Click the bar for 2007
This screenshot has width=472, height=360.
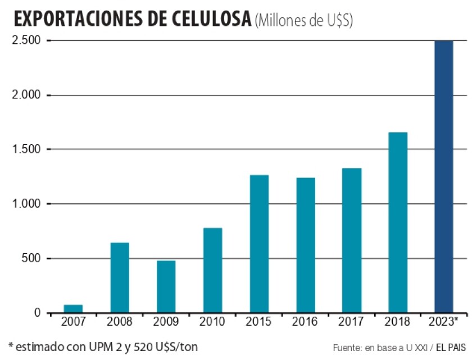(73, 309)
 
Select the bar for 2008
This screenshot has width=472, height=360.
(120, 278)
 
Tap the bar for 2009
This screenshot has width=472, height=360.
(166, 287)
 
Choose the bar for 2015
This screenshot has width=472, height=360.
(259, 244)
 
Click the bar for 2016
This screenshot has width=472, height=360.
(306, 245)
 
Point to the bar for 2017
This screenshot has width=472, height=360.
(352, 240)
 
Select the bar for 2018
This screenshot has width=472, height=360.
(398, 222)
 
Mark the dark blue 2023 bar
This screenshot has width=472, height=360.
(444, 177)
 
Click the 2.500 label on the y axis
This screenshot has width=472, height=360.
(25, 41)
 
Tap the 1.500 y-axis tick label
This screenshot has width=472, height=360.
(25, 150)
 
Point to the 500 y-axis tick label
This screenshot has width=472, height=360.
(31, 259)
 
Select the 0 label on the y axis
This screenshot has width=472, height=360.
(37, 313)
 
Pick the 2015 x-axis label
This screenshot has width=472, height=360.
(259, 322)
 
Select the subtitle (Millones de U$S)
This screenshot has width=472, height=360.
(303, 21)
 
